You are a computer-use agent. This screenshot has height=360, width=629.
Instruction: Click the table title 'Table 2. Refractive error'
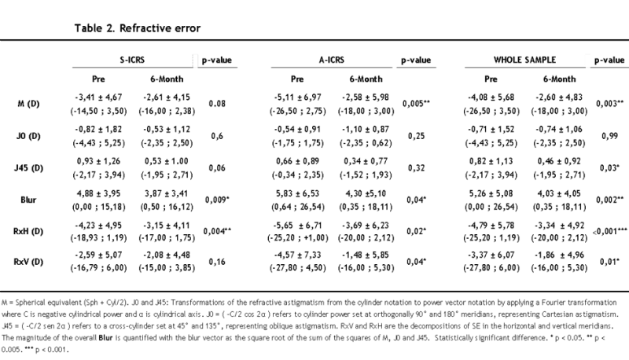tap(137, 28)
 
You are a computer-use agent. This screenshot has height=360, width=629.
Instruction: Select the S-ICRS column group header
tap(132, 61)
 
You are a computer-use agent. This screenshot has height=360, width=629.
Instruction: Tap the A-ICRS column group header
tap(332, 61)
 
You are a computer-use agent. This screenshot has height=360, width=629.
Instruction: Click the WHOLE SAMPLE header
tap(524, 61)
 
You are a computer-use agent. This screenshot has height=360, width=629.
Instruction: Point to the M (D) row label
tap(28, 104)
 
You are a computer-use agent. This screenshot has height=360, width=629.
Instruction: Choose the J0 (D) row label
tap(28, 136)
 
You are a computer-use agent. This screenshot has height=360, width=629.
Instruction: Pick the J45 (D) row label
tap(28, 168)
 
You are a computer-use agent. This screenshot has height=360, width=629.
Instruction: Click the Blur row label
tap(28, 200)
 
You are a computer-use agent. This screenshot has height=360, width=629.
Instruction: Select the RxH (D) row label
tap(28, 231)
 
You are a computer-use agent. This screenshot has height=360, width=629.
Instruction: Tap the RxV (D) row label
tap(28, 262)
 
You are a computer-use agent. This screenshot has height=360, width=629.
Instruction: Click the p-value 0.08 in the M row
tap(217, 104)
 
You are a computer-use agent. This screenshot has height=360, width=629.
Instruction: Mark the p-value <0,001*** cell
tap(610, 231)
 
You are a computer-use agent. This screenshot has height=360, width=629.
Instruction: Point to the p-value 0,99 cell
tap(610, 136)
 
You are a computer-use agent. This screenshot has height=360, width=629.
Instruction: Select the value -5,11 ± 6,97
tap(298, 97)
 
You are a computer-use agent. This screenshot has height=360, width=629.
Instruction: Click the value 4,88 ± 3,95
tap(99, 193)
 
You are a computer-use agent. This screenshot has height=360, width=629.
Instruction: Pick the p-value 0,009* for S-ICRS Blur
tap(217, 200)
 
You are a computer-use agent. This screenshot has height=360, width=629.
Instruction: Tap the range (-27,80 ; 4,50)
tap(298, 267)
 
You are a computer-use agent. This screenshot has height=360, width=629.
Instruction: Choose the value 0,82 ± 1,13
tap(491, 161)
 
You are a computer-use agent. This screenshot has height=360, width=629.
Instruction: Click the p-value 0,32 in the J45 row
tap(416, 168)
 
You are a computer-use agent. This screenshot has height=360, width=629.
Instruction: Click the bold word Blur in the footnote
tap(105, 337)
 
